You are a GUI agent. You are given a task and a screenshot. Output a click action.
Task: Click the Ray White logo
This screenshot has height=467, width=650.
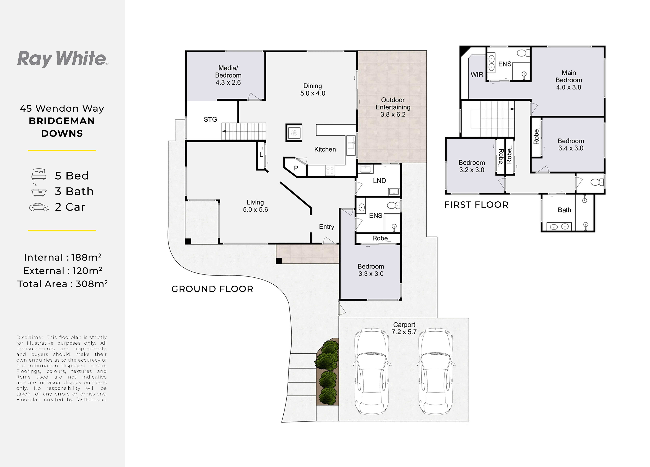[x=62, y=59]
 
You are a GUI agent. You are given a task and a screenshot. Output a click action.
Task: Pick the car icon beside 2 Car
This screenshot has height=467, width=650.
[x=39, y=207]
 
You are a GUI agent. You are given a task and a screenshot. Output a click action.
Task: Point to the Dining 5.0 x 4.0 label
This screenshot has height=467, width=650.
[x=313, y=89]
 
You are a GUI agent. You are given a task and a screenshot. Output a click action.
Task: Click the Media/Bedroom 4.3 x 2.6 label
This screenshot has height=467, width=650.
[x=228, y=75]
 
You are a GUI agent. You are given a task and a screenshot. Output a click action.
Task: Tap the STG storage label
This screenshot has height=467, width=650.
[x=210, y=119]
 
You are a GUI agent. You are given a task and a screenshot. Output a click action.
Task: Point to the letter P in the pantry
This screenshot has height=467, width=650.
[x=296, y=168]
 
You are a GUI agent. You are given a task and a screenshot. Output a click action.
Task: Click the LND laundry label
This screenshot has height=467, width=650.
[x=379, y=181]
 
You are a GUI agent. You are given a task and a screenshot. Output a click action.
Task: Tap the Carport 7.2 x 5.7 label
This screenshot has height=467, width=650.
[x=404, y=328]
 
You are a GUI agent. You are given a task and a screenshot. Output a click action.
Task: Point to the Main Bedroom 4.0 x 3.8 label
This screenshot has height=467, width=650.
[x=569, y=80]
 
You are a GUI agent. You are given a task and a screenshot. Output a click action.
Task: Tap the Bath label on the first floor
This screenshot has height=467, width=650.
[x=564, y=210]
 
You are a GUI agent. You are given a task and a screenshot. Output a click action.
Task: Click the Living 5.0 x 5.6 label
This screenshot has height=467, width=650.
[x=255, y=206]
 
